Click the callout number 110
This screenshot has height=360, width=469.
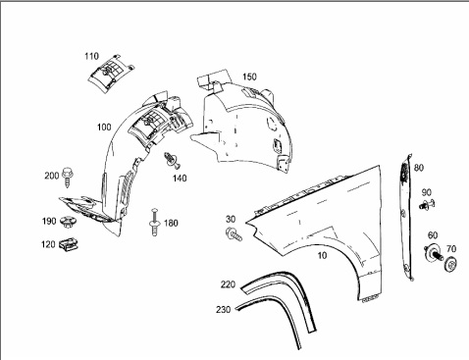coord(91,56)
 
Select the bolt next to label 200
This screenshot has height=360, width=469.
coord(68,177)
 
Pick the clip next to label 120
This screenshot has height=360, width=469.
coord(69,244)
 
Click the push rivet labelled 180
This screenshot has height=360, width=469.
coord(154,223)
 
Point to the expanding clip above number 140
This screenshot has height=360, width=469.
coord(172,160)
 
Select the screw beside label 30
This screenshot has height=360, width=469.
coord(234,233)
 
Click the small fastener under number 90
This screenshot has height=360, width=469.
coord(427,205)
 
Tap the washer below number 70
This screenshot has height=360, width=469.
coord(450,264)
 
